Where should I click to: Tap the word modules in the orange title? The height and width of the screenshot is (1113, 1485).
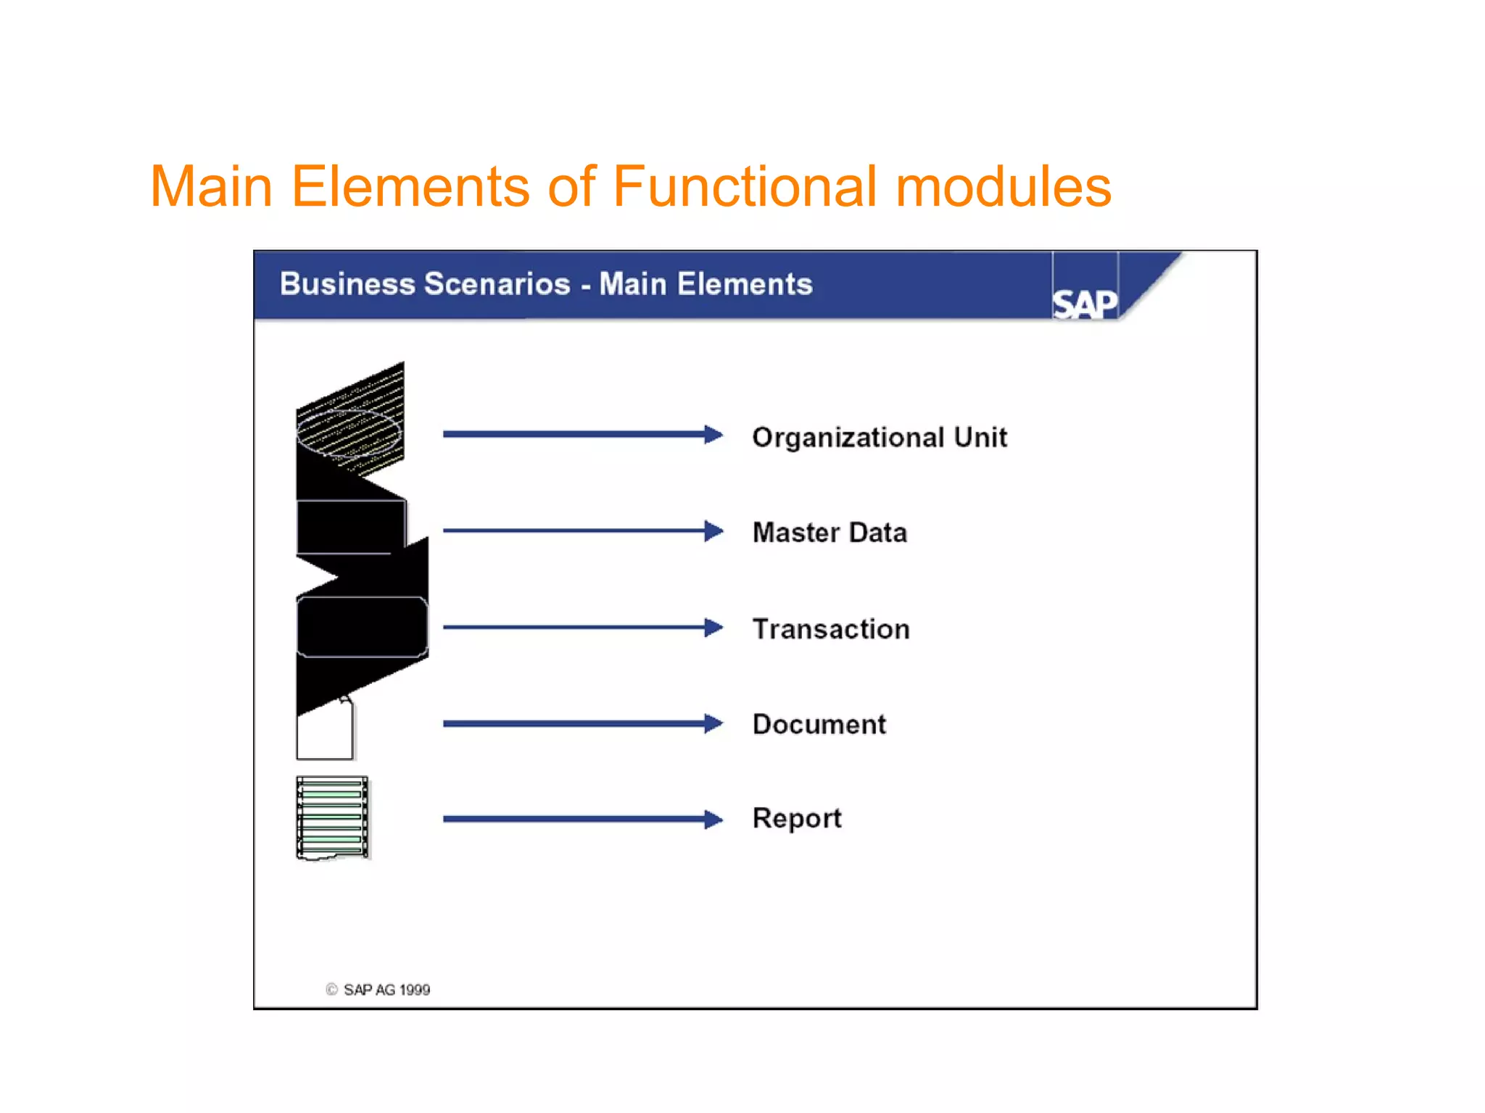point(1004,187)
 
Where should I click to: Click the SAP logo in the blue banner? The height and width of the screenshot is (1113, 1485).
point(1084,303)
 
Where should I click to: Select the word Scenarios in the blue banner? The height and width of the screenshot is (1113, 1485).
point(497,284)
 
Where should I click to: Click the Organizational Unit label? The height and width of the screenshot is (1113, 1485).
point(879,438)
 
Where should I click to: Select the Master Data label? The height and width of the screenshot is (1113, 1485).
point(830,533)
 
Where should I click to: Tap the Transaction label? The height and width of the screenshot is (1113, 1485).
point(831,629)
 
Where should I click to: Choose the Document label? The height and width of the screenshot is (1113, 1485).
point(819,725)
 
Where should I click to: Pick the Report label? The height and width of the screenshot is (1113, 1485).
point(797,819)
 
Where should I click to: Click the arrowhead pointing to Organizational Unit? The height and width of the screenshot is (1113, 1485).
point(714,435)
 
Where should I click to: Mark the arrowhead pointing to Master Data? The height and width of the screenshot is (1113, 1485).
point(714,531)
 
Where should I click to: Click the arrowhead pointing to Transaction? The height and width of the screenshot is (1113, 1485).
point(714,628)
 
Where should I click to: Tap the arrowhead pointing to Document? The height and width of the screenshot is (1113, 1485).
point(714,723)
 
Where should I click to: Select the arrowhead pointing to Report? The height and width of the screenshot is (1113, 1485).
point(714,820)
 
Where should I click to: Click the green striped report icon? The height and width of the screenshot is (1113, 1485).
point(333,817)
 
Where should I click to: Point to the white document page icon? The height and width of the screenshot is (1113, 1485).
point(324,733)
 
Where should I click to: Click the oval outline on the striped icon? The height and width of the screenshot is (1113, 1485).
point(349,433)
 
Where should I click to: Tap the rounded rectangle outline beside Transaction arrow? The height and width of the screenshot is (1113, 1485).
point(362,627)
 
